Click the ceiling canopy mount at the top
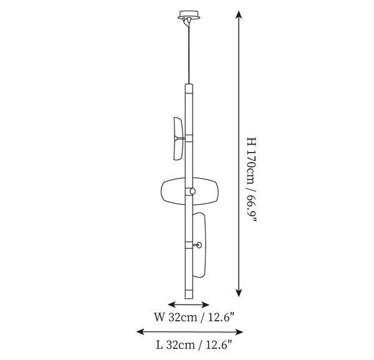pyautogui.click(x=189, y=15)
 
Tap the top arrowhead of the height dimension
pyautogui.click(x=239, y=15)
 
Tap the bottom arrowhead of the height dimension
pyautogui.click(x=239, y=292)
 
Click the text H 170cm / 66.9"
pyautogui.click(x=251, y=180)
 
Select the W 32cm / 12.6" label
pyautogui.click(x=194, y=317)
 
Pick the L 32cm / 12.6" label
pyautogui.click(x=194, y=345)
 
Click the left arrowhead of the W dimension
pyautogui.click(x=172, y=305)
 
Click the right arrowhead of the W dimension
pyautogui.click(x=205, y=305)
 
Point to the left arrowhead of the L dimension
pyautogui.click(x=140, y=331)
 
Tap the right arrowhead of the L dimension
pyautogui.click(x=239, y=331)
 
